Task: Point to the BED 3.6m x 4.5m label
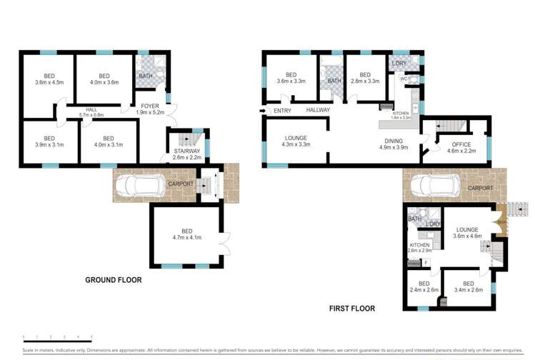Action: pyautogui.click(x=49, y=79)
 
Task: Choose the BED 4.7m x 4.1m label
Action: pyautogui.click(x=187, y=234)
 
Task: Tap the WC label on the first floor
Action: pyautogui.click(x=404, y=79)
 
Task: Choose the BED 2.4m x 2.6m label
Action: pyautogui.click(x=424, y=286)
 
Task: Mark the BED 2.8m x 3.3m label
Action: pyautogui.click(x=364, y=78)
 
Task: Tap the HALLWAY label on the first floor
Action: pyautogui.click(x=318, y=110)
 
